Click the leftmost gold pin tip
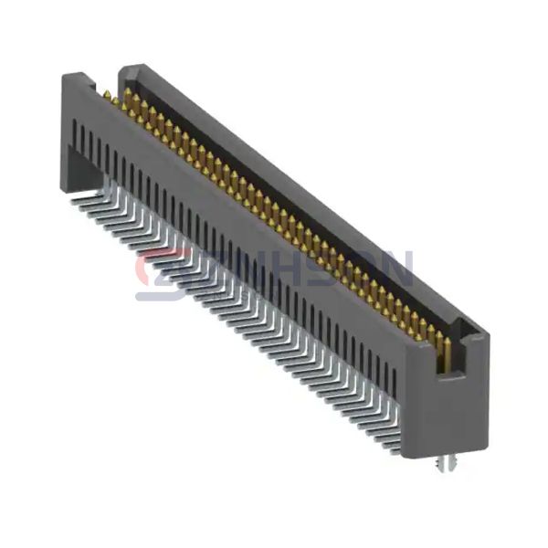click(x=106, y=95)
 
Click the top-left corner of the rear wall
click(x=124, y=69)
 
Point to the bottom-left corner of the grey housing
click(x=62, y=189)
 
